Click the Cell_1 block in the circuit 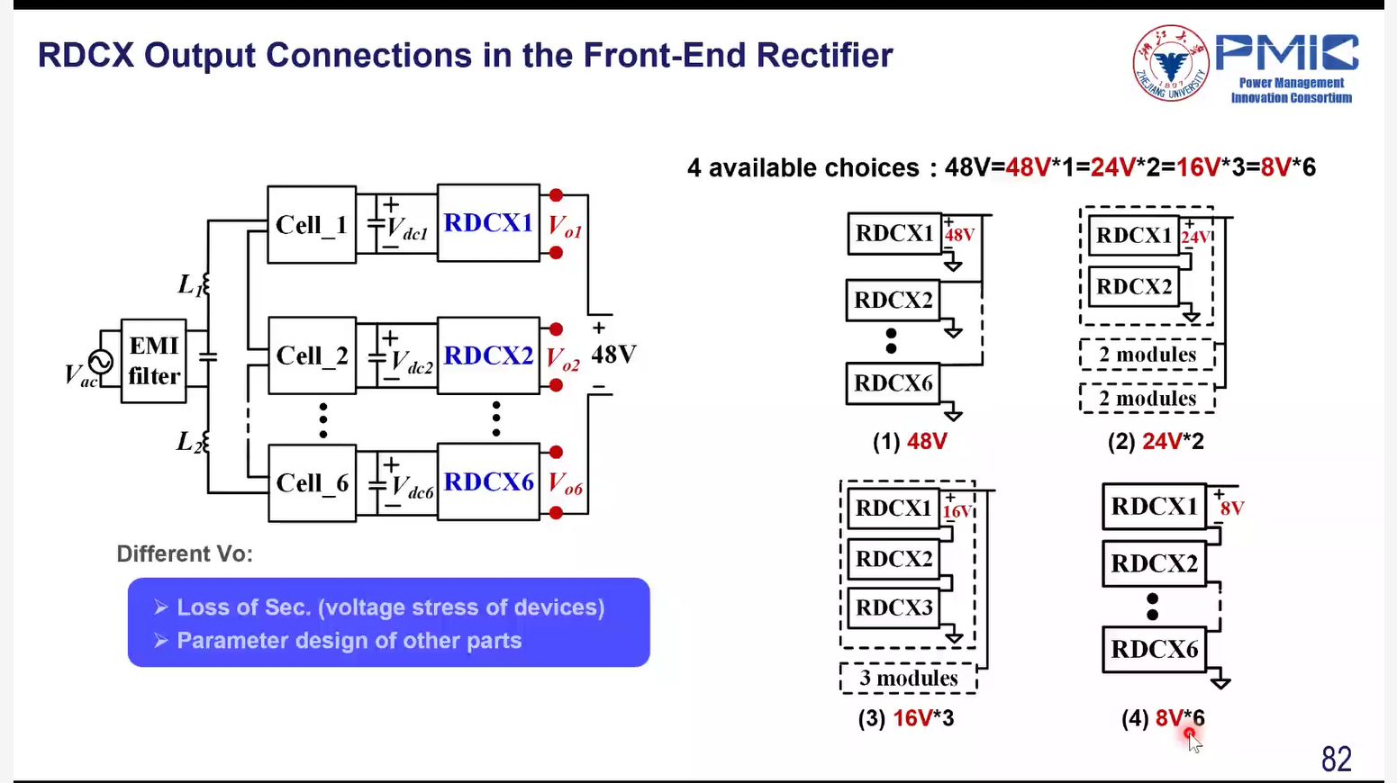coord(312,224)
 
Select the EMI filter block coord(154,361)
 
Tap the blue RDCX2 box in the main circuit coord(488,355)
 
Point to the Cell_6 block coord(312,483)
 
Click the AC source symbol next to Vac coord(101,362)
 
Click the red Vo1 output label coord(566,227)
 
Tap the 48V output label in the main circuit coord(613,355)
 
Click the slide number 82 coord(1336,759)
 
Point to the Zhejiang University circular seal coord(1170,63)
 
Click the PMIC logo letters coord(1286,53)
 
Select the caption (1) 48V coord(910,442)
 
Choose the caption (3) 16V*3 coord(905,718)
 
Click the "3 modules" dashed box coord(908,678)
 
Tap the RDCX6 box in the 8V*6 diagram coord(1154,649)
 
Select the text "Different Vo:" coord(185,553)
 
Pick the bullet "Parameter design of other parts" coord(349,641)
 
